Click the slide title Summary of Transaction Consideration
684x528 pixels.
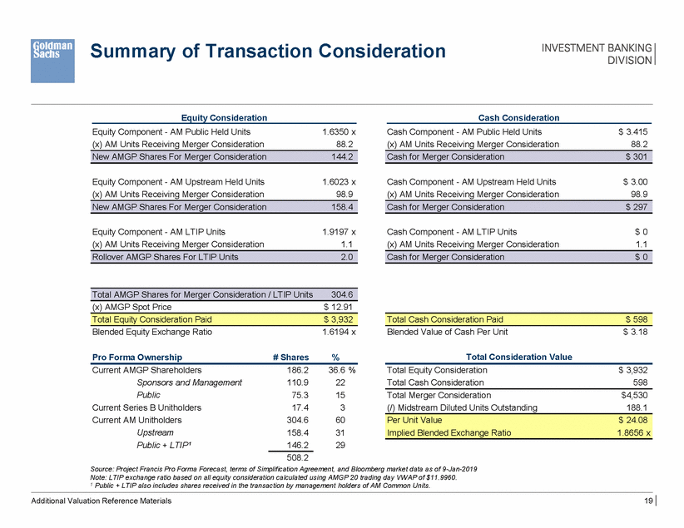coord(268,52)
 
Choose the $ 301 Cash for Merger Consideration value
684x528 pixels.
coord(637,156)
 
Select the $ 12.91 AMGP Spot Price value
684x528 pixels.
coord(340,306)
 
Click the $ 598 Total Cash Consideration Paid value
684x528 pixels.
coord(637,318)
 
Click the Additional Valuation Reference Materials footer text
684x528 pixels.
coord(101,501)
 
